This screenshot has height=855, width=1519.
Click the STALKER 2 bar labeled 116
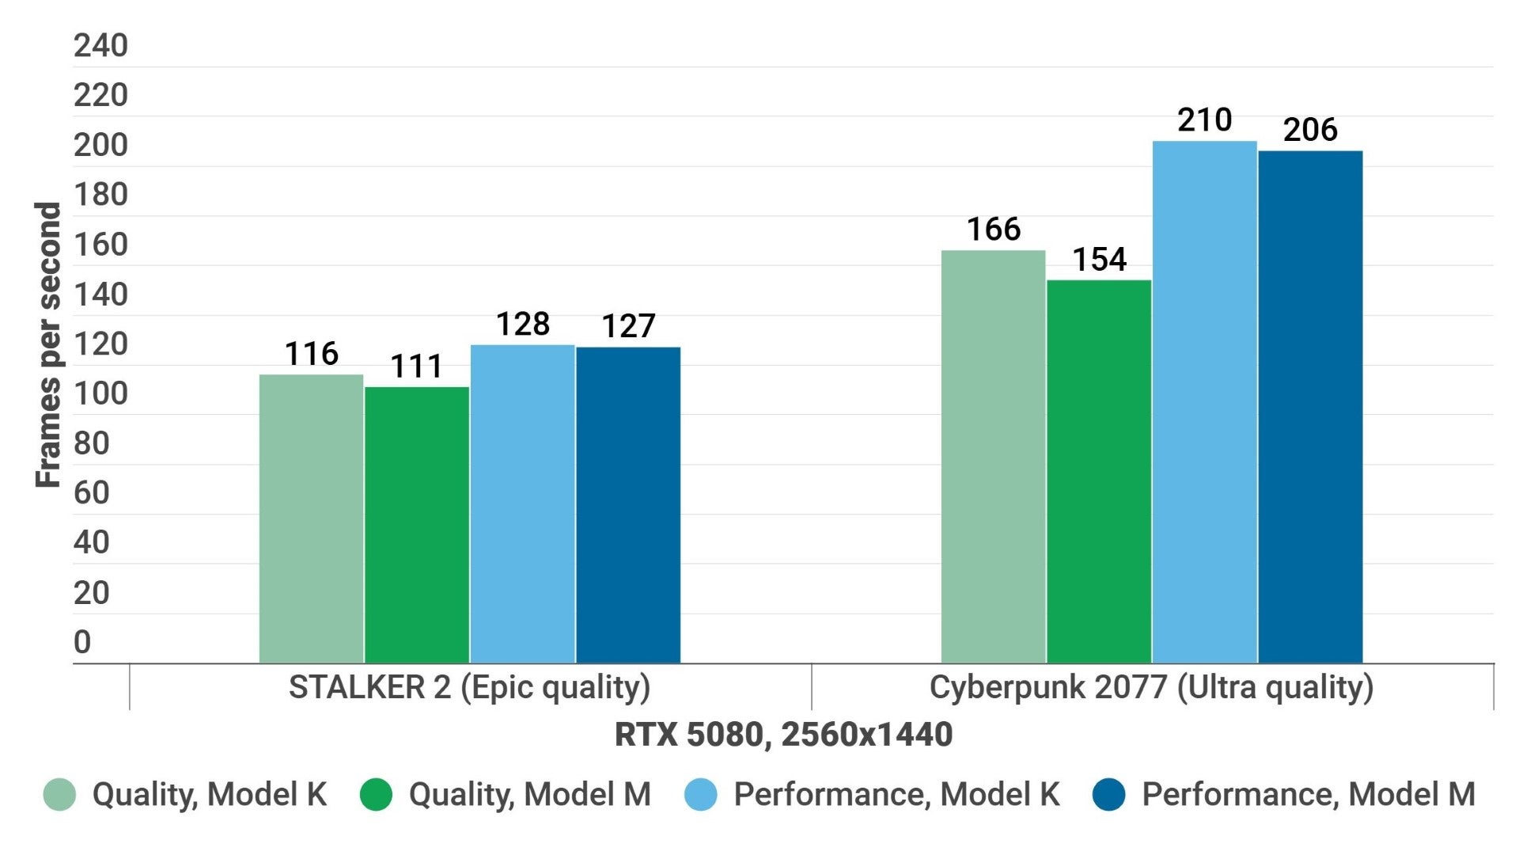pyautogui.click(x=311, y=519)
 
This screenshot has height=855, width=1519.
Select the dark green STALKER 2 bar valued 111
pyautogui.click(x=417, y=525)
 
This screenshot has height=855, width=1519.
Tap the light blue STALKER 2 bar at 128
pyautogui.click(x=522, y=503)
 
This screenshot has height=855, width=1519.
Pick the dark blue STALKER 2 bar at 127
pyautogui.click(x=628, y=505)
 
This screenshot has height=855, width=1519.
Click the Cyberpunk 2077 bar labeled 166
pyautogui.click(x=994, y=457)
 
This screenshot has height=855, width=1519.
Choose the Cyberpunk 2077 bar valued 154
pyautogui.click(x=1099, y=471)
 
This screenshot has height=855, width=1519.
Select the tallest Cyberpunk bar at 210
pyautogui.click(x=1204, y=402)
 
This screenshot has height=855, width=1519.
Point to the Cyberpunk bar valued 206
pyautogui.click(x=1310, y=407)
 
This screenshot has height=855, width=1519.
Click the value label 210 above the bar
pyautogui.click(x=1204, y=120)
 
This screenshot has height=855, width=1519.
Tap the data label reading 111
pyautogui.click(x=417, y=367)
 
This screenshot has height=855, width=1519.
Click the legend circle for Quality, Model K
pyautogui.click(x=59, y=795)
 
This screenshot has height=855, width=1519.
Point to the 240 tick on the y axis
pyautogui.click(x=100, y=46)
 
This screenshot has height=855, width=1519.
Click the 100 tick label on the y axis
pyautogui.click(x=100, y=393)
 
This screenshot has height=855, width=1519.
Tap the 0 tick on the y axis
pyautogui.click(x=82, y=642)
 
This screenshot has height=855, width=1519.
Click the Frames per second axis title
pyautogui.click(x=48, y=344)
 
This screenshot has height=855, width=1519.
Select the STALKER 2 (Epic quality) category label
pyautogui.click(x=469, y=687)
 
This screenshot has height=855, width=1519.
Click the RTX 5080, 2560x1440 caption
pyautogui.click(x=783, y=735)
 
